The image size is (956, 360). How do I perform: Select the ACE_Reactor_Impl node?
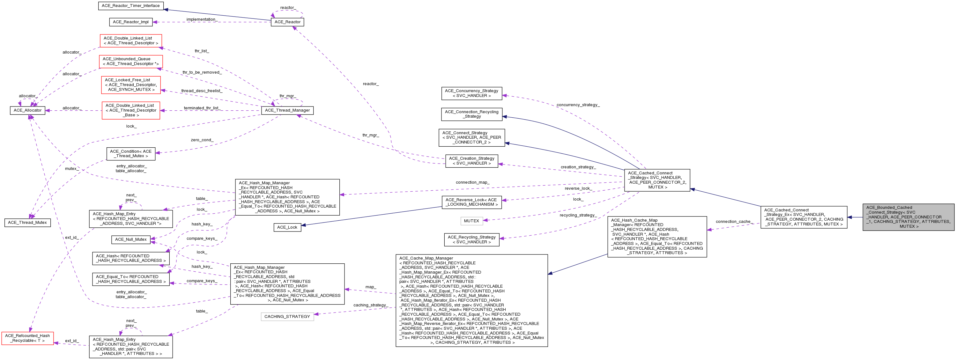[x=131, y=22]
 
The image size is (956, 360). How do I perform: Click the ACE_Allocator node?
[x=27, y=111]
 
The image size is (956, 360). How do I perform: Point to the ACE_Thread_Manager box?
[x=287, y=111]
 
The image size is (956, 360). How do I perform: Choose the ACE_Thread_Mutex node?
[x=27, y=223]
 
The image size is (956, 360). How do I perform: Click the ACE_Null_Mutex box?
[x=131, y=240]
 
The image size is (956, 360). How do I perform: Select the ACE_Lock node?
[x=287, y=227]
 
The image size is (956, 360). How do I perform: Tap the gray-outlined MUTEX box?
[x=471, y=221]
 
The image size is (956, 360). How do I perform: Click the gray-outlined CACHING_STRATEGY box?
[x=287, y=317]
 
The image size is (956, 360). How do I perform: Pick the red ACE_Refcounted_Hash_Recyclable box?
[x=27, y=338]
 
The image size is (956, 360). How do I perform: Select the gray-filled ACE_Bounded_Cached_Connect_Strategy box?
[x=908, y=217]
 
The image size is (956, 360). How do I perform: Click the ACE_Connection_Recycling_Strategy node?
[x=471, y=114]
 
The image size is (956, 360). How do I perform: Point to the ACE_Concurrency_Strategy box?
[x=471, y=93]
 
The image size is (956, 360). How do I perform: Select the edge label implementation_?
[x=202, y=20]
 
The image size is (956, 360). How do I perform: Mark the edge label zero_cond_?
[x=202, y=140]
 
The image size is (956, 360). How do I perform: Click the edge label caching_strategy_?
[x=370, y=305]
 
